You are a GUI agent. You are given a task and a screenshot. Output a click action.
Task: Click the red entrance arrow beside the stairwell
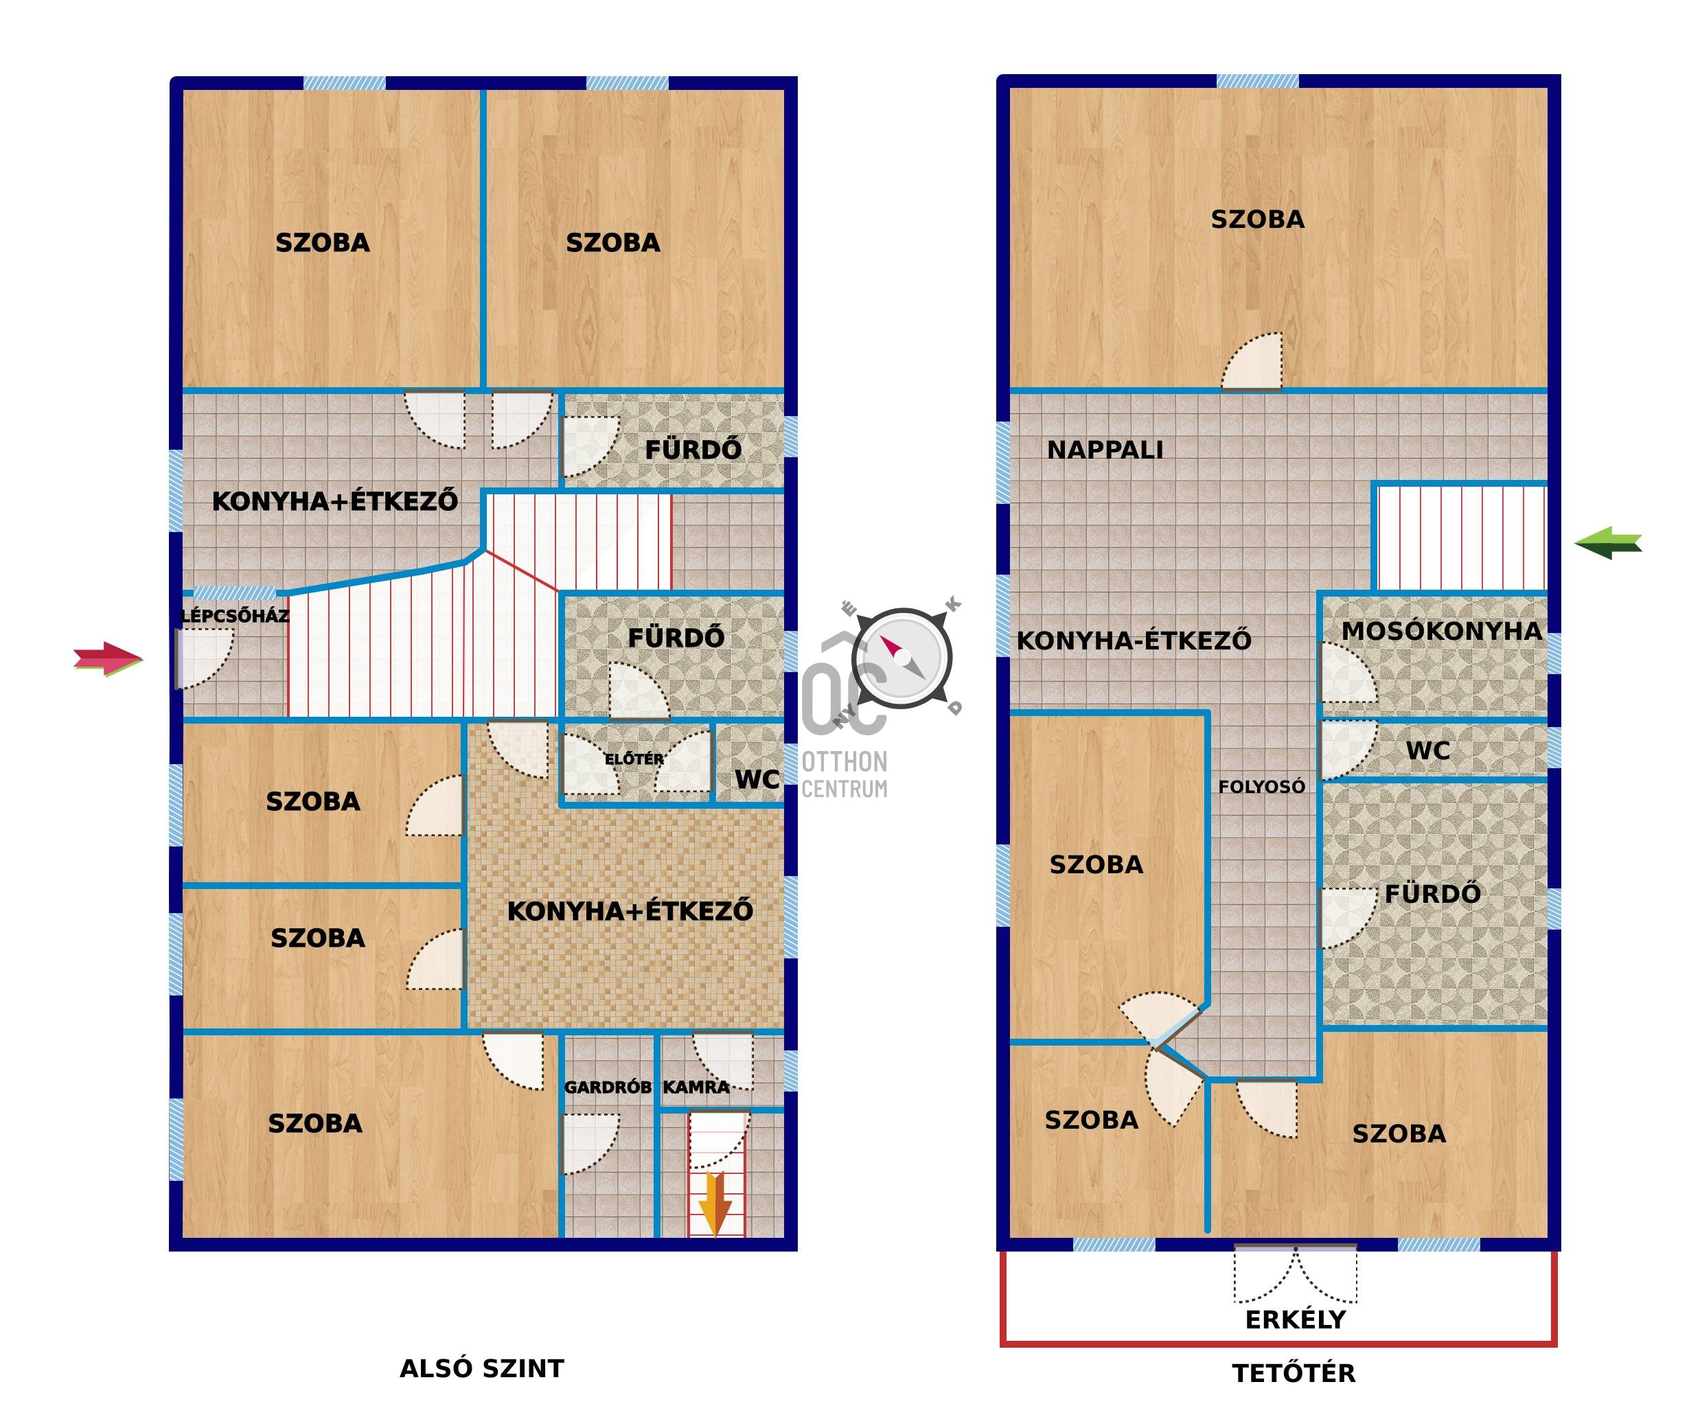[x=108, y=659]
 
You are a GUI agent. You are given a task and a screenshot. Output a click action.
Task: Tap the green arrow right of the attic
[x=1608, y=542]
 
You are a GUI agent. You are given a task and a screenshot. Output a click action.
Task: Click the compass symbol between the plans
[x=902, y=657]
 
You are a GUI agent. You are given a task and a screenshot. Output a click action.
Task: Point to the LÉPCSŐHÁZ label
[x=234, y=616]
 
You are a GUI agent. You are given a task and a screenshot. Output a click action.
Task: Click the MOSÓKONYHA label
[x=1441, y=632]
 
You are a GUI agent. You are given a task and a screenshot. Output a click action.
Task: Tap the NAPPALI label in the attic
[x=1105, y=450]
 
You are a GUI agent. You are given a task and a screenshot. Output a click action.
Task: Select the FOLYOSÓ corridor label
[x=1261, y=786]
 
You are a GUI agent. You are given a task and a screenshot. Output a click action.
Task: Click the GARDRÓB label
[x=607, y=1087]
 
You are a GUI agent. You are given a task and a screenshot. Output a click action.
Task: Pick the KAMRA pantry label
[x=696, y=1087]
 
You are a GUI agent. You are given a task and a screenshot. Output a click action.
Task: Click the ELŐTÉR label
[x=634, y=759]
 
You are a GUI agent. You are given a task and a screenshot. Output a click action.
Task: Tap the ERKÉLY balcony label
[x=1296, y=1320]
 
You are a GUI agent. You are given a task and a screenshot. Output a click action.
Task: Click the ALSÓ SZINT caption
[x=482, y=1369]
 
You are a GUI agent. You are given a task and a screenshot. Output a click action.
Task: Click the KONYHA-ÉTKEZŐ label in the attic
[x=1134, y=641]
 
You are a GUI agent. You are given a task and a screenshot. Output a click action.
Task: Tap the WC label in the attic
[x=1427, y=750]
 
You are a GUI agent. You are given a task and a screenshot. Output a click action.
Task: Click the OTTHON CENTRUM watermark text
[x=845, y=774]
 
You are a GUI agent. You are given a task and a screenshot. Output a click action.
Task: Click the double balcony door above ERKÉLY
[x=1296, y=1274]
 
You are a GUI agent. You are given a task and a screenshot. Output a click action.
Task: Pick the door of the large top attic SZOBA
[x=1252, y=362]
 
